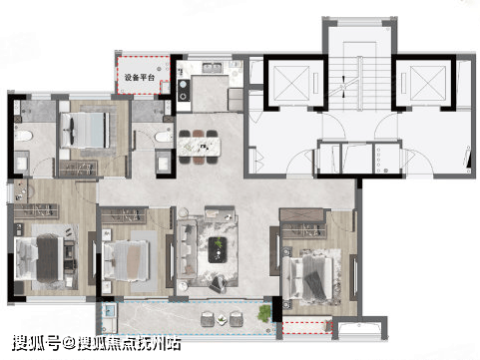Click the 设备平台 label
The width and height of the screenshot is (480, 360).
[x=140, y=78]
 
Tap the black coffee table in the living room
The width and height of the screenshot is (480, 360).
[x=218, y=249]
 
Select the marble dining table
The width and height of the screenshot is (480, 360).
[x=200, y=147]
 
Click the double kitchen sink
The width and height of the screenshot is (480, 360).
[x=213, y=67]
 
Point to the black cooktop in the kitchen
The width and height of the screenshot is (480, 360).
[x=184, y=90]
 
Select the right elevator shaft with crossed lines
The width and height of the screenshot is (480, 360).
[x=428, y=83]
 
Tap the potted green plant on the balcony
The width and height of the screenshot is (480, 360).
[x=264, y=313]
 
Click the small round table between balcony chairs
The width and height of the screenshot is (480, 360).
[x=221, y=320]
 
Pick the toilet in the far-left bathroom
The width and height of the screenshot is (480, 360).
[x=23, y=136]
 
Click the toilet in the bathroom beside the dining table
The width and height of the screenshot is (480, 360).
[x=164, y=137]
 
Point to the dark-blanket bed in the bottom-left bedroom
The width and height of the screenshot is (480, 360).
[x=40, y=258]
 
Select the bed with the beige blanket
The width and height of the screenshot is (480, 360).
[x=126, y=260]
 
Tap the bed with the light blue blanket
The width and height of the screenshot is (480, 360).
[x=85, y=130]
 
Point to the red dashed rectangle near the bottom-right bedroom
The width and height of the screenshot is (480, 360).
[x=307, y=327]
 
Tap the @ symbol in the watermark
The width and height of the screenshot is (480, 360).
[x=69, y=343]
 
